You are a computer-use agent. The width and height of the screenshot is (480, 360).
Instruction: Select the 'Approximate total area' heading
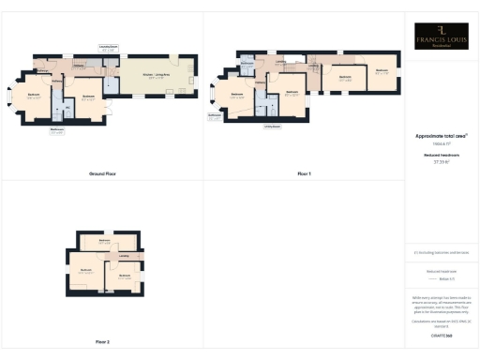442,135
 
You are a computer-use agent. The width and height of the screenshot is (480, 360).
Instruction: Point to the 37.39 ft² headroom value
442,161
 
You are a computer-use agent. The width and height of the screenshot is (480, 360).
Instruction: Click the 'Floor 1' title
304,174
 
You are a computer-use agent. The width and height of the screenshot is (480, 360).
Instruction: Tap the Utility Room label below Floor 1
273,125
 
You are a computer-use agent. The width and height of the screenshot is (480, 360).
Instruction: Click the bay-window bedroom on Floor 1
236,97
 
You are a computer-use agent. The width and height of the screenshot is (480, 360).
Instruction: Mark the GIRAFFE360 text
442,335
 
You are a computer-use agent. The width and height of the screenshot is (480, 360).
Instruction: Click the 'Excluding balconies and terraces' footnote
442,252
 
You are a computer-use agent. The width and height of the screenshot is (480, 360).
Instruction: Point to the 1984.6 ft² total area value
442,143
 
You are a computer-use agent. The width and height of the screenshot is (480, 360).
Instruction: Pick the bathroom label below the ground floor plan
56,131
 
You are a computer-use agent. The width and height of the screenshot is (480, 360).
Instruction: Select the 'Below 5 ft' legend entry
445,278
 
